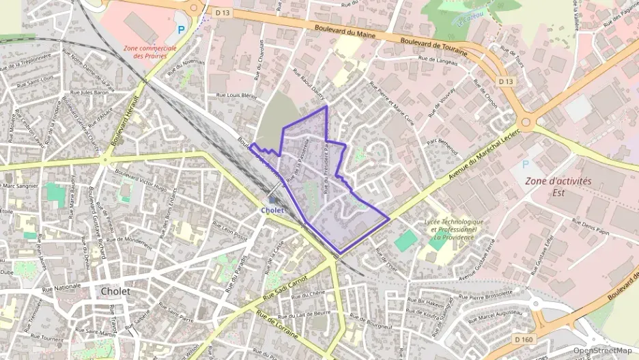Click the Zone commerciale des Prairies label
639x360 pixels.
(150, 52)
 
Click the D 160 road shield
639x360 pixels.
(524, 340)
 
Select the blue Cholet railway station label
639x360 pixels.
(272, 210)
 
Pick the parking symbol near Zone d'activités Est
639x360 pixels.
(524, 164)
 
